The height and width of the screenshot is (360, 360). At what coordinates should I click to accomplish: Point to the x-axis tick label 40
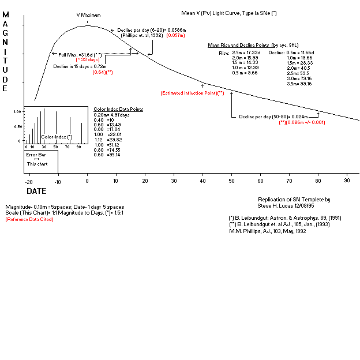[202, 181]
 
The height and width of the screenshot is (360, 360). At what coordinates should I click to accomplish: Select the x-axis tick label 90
[347, 181]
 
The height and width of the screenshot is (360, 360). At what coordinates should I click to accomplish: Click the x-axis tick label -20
[29, 181]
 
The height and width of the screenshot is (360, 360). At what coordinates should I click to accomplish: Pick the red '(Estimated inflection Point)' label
[192, 93]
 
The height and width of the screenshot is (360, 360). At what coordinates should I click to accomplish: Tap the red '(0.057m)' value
[176, 36]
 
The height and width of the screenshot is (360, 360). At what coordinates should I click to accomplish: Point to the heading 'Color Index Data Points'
[118, 109]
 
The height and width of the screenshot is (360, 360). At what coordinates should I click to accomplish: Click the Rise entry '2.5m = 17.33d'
[246, 52]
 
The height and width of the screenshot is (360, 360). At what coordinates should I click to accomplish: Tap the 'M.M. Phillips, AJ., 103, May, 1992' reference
[268, 231]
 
